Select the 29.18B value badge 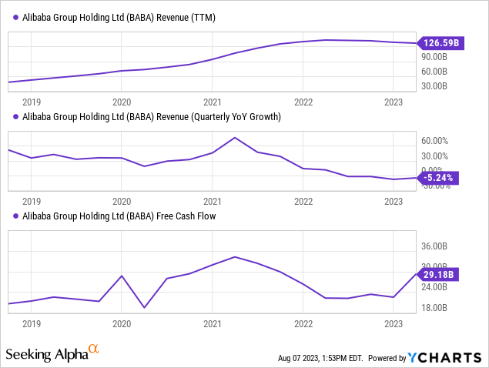click(437, 273)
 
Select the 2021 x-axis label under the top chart click(213, 101)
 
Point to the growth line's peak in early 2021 click(235, 138)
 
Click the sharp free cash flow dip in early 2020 click(144, 308)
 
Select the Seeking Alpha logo click(51, 354)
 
